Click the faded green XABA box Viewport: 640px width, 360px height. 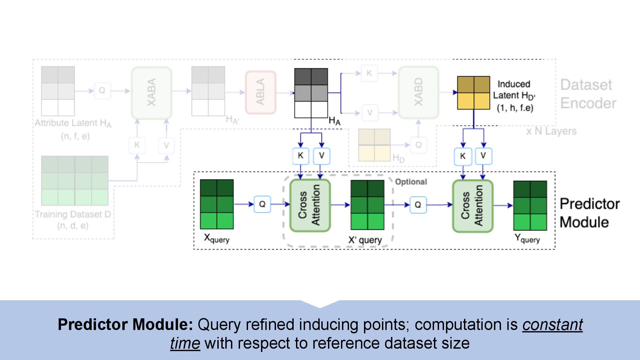pos(152,93)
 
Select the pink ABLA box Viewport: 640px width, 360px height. pos(261,92)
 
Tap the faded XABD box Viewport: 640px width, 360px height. pos(419,92)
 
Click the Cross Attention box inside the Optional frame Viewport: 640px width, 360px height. pos(310,205)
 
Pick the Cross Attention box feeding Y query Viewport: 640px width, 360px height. pos(473,206)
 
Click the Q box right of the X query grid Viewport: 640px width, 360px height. pos(262,204)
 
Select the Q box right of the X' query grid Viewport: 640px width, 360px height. pos(418,205)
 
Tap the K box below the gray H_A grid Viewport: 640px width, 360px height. pos(301,156)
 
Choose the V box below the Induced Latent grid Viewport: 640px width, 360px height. pos(483,156)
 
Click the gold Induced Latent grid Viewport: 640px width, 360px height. pos(473,93)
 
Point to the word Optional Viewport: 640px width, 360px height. pos(411,182)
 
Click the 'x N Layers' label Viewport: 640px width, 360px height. pos(551,131)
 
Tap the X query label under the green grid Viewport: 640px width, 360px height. pos(217,239)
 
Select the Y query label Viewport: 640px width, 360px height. pos(527,239)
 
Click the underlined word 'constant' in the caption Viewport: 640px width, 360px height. pos(552,325)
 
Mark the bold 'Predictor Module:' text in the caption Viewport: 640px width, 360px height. pos(125,325)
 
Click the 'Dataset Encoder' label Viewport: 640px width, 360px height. pos(588,94)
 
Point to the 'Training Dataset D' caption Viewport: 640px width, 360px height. pos(73,214)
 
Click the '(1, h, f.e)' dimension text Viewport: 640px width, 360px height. pos(515,108)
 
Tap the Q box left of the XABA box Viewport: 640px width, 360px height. pos(102,91)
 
